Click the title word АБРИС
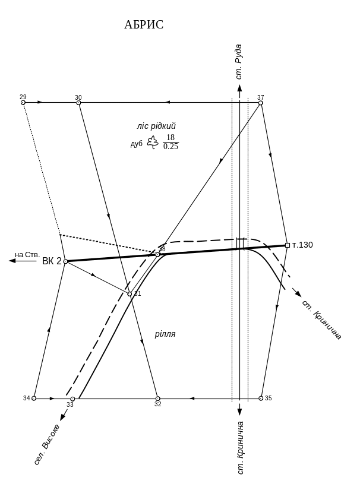coord(144,24)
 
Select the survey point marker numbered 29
coord(23,103)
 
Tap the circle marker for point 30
coord(78,103)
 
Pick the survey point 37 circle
coord(261,103)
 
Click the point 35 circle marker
coord(261,398)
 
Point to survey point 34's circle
coord(34,398)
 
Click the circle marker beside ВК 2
coord(66,261)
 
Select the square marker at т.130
coord(288,245)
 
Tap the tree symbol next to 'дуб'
coord(153,142)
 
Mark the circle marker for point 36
coord(157,254)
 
